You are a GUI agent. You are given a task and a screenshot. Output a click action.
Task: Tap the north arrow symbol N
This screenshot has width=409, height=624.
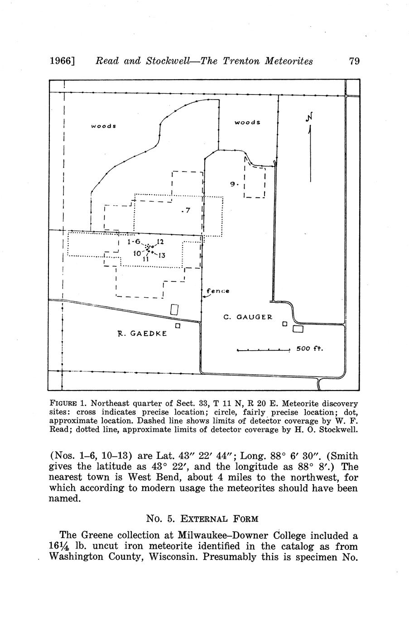[x=310, y=118]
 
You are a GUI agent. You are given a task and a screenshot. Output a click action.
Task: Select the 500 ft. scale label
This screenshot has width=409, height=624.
[x=308, y=349]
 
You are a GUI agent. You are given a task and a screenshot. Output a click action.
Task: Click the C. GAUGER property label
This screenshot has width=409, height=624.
[x=248, y=317]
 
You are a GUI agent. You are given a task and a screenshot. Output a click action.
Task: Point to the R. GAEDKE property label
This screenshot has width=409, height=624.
[x=141, y=333]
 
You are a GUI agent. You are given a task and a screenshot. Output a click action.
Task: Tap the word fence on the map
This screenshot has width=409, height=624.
[x=218, y=291]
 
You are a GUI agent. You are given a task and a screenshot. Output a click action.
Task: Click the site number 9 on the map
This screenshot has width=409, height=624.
[x=232, y=184]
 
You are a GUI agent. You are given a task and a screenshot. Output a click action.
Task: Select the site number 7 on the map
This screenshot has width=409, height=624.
[x=187, y=211]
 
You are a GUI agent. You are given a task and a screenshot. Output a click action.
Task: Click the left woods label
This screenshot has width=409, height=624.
[x=103, y=126]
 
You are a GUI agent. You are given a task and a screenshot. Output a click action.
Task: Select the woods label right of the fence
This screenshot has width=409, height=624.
[x=247, y=122]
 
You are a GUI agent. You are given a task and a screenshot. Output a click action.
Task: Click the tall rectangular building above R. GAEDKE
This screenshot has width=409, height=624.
[x=174, y=310]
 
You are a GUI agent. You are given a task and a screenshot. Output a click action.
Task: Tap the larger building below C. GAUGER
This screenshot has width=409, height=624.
[x=298, y=329]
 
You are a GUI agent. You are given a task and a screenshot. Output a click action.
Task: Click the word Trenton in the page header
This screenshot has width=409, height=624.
[x=242, y=61]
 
